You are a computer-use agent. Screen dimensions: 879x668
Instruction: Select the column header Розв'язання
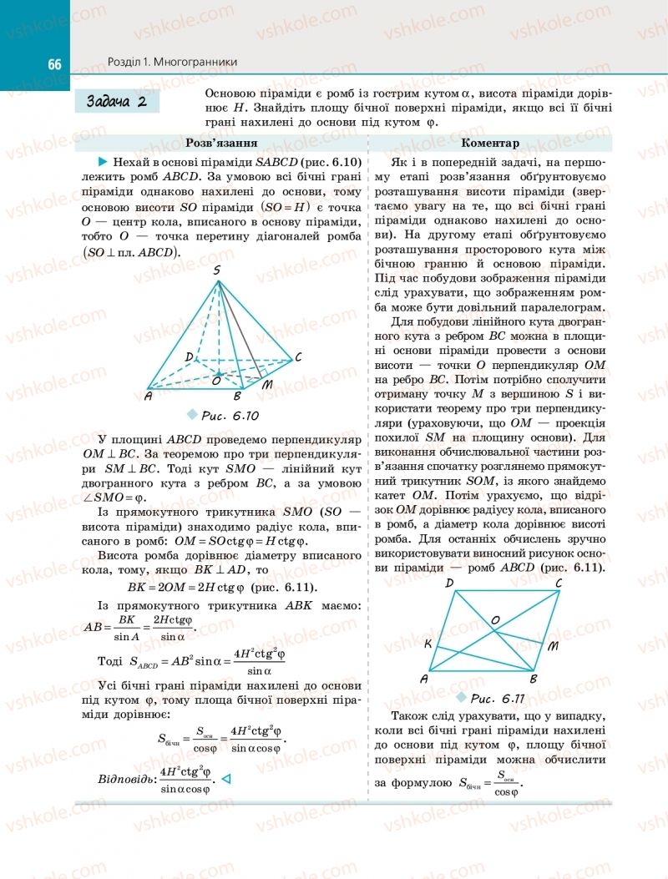220,143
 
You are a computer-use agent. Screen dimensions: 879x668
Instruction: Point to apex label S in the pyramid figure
217,270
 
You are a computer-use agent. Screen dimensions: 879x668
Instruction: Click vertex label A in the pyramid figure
147,396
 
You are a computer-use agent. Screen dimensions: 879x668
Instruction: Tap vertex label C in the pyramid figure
298,357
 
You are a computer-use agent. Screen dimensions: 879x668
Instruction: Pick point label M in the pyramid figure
267,386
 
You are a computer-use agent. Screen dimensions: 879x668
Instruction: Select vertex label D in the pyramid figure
190,356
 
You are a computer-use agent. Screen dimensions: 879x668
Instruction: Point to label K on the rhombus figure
428,644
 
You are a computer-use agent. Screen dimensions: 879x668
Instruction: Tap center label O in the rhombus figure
495,620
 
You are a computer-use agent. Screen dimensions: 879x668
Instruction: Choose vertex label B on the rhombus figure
534,679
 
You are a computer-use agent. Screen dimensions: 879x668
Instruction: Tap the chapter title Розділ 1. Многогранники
173,62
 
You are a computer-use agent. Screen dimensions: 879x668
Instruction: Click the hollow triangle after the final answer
225,780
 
